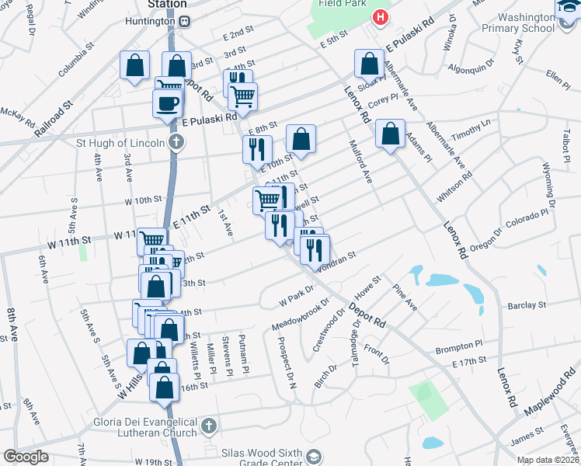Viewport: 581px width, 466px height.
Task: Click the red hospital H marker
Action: click(380, 16)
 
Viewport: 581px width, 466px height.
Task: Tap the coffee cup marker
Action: click(169, 103)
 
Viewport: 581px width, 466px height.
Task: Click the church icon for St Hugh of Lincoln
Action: click(177, 142)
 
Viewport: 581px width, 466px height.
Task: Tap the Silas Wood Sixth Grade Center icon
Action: click(314, 456)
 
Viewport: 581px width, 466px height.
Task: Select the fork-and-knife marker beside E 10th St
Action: click(257, 149)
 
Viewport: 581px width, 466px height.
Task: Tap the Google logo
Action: click(26, 456)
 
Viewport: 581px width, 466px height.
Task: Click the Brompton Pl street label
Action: click(458, 348)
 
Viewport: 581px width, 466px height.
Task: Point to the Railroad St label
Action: click(54, 119)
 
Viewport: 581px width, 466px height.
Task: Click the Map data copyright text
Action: click(547, 460)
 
